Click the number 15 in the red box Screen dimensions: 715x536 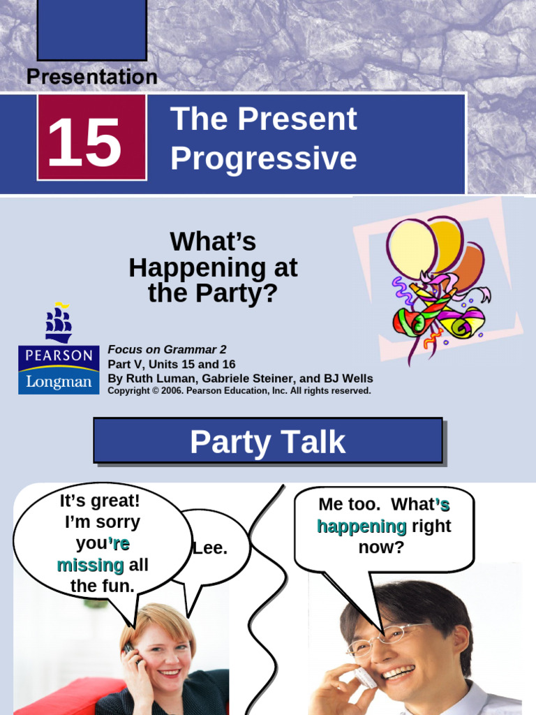tap(84, 142)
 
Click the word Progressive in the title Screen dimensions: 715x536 tap(263, 159)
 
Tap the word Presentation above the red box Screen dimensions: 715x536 tap(91, 77)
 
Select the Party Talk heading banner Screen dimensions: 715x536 tap(268, 441)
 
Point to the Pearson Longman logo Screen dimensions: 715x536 tap(59, 369)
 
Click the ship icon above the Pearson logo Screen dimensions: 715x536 tap(59, 323)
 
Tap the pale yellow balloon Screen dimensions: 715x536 tap(411, 248)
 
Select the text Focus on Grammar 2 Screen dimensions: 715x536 tap(167, 350)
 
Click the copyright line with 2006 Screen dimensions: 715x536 tap(239, 391)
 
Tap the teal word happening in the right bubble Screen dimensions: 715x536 tap(362, 526)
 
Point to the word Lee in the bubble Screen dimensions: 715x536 tap(210, 548)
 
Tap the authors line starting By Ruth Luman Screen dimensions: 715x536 tap(240, 378)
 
